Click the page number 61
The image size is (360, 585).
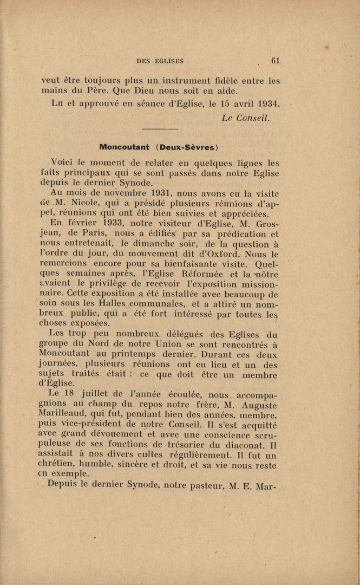275,60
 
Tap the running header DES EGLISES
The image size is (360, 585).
160,61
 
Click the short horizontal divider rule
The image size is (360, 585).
160,129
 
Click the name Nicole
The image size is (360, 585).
84,203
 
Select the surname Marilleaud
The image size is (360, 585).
64,415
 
